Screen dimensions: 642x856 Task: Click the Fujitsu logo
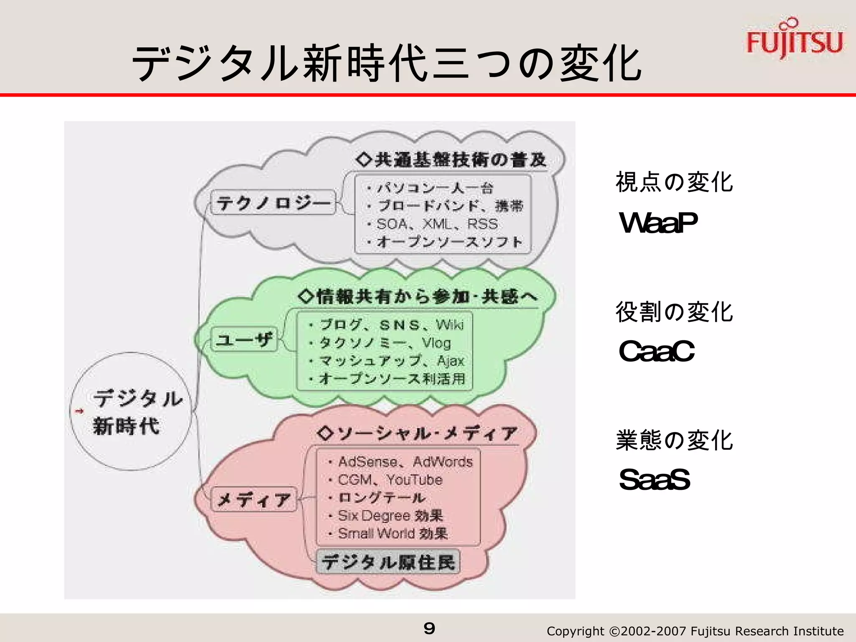coord(794,40)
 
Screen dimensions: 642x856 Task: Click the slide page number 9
coord(429,628)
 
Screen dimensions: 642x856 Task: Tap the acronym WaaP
coord(658,222)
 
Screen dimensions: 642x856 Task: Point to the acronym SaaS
coord(654,479)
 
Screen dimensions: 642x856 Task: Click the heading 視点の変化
coord(674,182)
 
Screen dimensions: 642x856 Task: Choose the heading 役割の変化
coord(674,312)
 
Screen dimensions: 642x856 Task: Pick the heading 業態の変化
coord(674,440)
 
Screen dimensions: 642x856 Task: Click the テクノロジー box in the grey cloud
coord(273,203)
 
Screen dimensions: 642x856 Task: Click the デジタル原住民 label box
coord(388,562)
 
